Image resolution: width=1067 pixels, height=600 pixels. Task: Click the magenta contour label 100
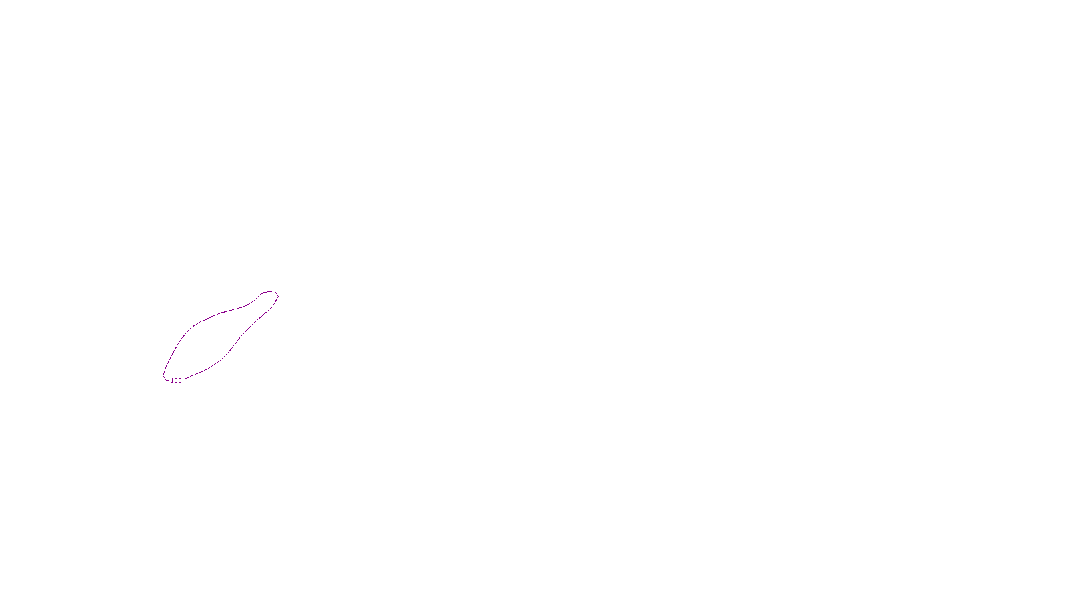[x=176, y=381]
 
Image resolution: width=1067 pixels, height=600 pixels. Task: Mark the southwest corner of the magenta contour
[x=165, y=378]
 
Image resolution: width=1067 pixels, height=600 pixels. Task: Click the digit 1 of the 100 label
[x=172, y=381]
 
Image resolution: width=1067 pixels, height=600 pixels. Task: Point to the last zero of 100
[x=179, y=381]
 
